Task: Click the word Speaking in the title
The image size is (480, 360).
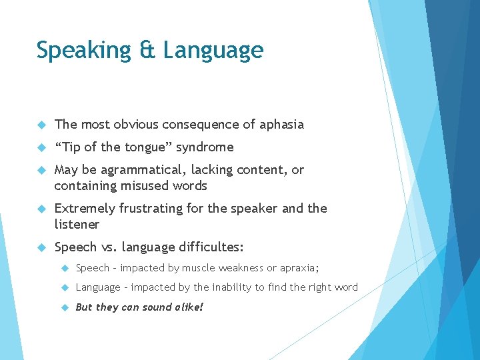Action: pyautogui.click(x=83, y=51)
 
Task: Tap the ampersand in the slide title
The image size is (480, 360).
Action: pyautogui.click(x=147, y=50)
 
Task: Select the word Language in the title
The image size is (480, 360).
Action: pyautogui.click(x=213, y=51)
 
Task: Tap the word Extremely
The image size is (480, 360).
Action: pyautogui.click(x=85, y=209)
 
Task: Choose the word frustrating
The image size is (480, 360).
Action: pyautogui.click(x=152, y=209)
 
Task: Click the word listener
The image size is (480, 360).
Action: pyautogui.click(x=77, y=225)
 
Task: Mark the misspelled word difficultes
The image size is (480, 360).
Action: pyautogui.click(x=211, y=247)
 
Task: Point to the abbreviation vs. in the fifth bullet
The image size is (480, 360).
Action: pyautogui.click(x=105, y=247)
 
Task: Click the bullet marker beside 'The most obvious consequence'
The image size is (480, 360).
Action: pyautogui.click(x=41, y=125)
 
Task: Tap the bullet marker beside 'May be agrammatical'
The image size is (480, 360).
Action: pyautogui.click(x=41, y=170)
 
